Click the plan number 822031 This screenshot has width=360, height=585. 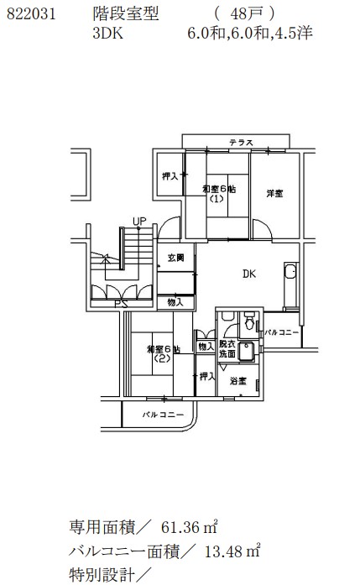[x=31, y=14]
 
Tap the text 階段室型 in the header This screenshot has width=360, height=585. [x=126, y=14]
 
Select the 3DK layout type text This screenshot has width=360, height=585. [x=107, y=34]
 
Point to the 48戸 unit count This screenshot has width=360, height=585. [x=245, y=14]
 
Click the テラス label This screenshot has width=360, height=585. [x=242, y=143]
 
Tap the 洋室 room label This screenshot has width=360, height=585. [x=274, y=193]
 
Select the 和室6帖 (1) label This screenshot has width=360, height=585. [x=219, y=193]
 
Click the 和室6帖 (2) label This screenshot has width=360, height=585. [x=164, y=353]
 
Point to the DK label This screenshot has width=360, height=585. [x=249, y=274]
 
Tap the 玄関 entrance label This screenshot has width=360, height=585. [x=175, y=258]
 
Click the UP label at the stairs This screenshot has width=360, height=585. [x=139, y=222]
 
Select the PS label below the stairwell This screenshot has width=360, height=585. [x=121, y=304]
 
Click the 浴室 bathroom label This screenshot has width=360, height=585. [x=238, y=381]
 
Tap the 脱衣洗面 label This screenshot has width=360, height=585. [x=227, y=349]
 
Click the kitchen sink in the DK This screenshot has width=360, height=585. [x=290, y=271]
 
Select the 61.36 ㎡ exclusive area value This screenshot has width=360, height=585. [x=190, y=527]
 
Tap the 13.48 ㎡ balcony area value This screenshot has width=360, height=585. [x=232, y=551]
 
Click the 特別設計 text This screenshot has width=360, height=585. [x=102, y=575]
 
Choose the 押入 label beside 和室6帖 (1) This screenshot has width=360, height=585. [x=170, y=175]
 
